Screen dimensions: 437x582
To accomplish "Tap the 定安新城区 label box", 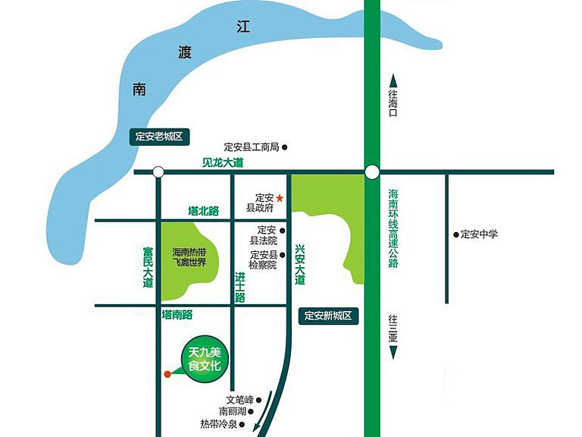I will pos(328,316).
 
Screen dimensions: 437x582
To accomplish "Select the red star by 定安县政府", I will pos(280,198).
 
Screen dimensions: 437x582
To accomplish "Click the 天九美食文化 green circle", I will pos(203,358).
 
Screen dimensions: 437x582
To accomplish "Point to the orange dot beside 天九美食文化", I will pos(167,373).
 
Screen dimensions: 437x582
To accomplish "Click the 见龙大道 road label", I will pos(223,163).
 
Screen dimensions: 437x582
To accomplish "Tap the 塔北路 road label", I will pos(203,211).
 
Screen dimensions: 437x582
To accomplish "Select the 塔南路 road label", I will pos(177,314).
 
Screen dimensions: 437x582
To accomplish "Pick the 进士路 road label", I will pos(240,287).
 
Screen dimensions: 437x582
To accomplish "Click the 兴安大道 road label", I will pos(300,264).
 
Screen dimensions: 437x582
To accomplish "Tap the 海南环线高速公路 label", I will pos(393,228).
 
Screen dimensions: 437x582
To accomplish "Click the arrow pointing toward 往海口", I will pos(393,80).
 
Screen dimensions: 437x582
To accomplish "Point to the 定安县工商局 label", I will pos(252,147).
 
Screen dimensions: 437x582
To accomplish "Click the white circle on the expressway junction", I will pos(371,172).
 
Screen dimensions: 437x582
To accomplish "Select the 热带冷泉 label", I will pos(219,424).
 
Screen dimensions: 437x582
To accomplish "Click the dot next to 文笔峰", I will pos(259,399).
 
